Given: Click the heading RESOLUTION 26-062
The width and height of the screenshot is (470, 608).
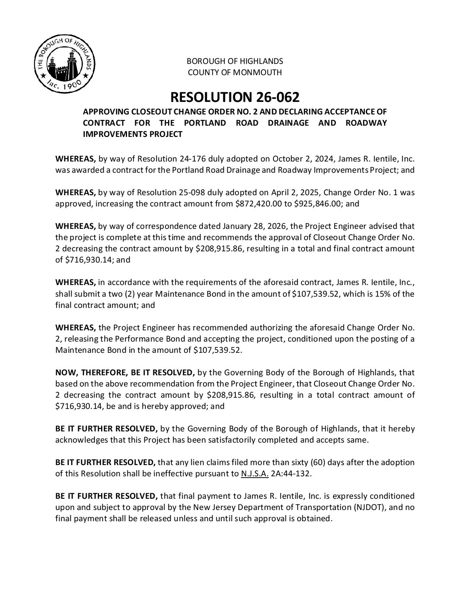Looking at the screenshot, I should tap(235, 97).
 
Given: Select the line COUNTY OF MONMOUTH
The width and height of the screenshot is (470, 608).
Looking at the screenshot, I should tap(235, 73).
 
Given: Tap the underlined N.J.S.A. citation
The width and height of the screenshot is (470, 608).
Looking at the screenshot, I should tap(254, 473).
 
